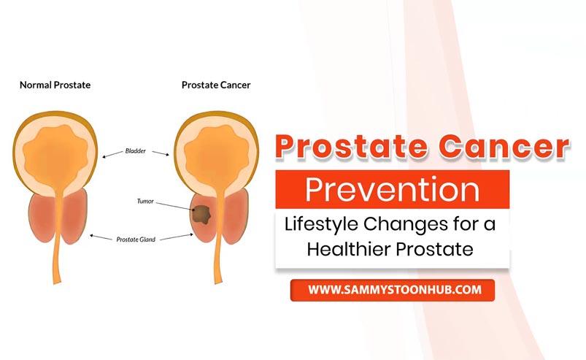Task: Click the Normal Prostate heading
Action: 55,85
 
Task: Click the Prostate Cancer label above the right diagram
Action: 216,85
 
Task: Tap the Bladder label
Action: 135,151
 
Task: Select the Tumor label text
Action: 145,201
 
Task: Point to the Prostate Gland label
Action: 136,240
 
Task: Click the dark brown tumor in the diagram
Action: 202,215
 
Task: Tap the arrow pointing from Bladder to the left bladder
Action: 112,154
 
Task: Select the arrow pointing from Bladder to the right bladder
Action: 161,153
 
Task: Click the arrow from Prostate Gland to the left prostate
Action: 101,237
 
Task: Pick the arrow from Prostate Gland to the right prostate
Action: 177,237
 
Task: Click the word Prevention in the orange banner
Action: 393,190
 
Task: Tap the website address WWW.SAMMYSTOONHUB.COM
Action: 395,290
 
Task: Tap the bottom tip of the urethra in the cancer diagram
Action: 219,283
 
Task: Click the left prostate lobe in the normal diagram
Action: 42,218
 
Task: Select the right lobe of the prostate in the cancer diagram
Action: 236,216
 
